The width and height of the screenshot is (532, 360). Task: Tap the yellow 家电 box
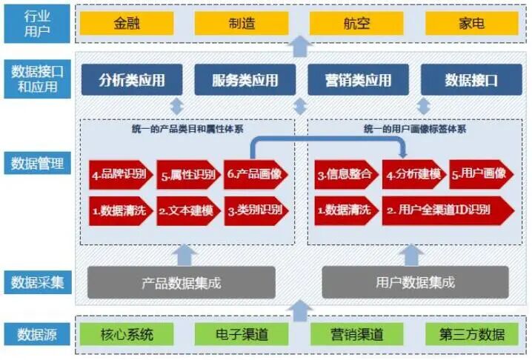pos(471,23)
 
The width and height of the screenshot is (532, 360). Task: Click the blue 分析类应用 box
pos(133,80)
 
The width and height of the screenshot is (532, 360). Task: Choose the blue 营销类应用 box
pos(359,80)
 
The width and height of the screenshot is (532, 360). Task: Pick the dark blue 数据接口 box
pos(471,80)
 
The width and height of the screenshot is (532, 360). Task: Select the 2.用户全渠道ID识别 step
pos(448,210)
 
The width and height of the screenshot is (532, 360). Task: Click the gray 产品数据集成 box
pos(181,282)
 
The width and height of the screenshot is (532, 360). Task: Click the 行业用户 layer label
pos(36,23)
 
